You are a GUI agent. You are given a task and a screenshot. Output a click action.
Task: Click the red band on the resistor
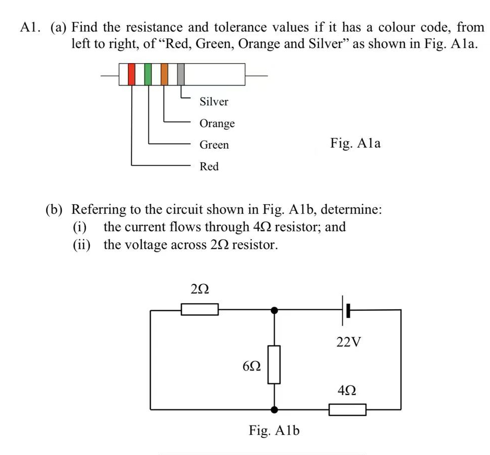pos(132,74)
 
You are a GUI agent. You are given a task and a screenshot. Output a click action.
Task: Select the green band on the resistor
pos(148,74)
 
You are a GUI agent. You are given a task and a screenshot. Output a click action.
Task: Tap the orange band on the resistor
pos(164,74)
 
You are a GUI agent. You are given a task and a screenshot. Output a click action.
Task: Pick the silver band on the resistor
pos(181,74)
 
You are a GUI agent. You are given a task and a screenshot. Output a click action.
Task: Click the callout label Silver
pos(214,102)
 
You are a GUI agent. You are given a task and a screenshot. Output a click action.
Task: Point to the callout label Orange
pos(217,123)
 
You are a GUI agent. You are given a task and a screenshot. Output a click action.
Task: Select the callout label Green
pos(214,145)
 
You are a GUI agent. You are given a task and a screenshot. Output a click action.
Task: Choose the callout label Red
pos(209,166)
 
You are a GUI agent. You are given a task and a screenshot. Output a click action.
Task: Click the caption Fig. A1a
pos(355,144)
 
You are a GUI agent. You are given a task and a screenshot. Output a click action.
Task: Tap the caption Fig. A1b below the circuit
pos(274,429)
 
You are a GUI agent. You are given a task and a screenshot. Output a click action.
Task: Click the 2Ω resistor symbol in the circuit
pos(199,310)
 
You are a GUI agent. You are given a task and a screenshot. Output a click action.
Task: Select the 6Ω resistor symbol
pos(274,364)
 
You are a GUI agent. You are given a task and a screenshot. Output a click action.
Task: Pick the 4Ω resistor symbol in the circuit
pos(347,409)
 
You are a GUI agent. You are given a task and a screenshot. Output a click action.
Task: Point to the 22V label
pos(348,342)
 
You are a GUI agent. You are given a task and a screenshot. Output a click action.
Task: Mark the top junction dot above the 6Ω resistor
pos(274,310)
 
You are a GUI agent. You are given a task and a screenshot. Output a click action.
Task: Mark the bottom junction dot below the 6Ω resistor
pos(274,409)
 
